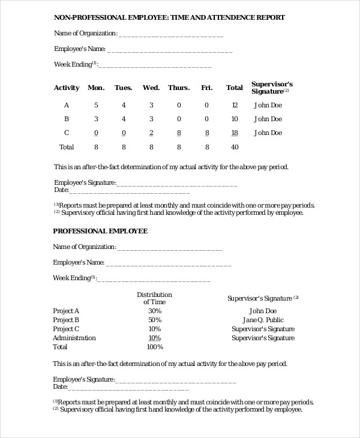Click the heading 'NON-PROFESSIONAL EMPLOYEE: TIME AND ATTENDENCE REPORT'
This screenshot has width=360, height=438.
point(169,18)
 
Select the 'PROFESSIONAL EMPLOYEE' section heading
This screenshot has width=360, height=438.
point(100,230)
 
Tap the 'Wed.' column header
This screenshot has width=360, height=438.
point(151,88)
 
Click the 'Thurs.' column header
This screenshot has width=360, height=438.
point(179,88)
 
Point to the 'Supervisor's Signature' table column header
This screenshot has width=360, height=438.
point(271,88)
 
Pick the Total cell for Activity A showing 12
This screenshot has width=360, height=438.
point(235,105)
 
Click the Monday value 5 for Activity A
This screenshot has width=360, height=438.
point(96,105)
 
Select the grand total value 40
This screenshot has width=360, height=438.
point(235,146)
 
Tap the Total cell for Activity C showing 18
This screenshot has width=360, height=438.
point(235,133)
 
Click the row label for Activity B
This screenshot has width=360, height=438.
point(67,119)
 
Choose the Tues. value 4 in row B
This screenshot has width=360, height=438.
point(124,119)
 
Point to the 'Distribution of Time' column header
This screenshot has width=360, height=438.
point(154,298)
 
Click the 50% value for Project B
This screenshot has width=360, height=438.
point(155,320)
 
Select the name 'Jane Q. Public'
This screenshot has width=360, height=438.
point(263,320)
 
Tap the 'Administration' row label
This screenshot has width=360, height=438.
point(74,338)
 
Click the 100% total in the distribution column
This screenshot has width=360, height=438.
point(155,347)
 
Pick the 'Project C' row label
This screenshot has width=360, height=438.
point(66,329)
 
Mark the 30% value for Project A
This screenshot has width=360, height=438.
point(155,311)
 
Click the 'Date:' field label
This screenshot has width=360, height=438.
point(62,190)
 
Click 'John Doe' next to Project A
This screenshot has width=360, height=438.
point(263,311)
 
